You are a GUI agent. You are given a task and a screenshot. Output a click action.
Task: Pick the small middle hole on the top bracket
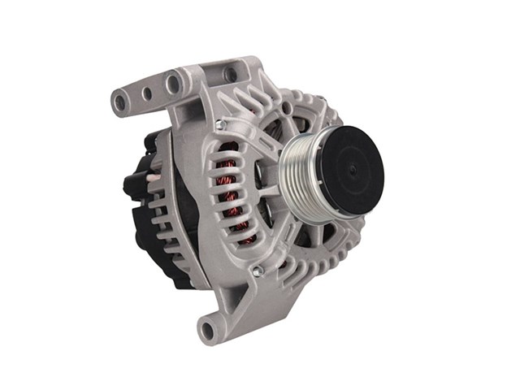147,93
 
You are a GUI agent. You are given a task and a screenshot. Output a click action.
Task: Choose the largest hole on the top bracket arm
172,82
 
